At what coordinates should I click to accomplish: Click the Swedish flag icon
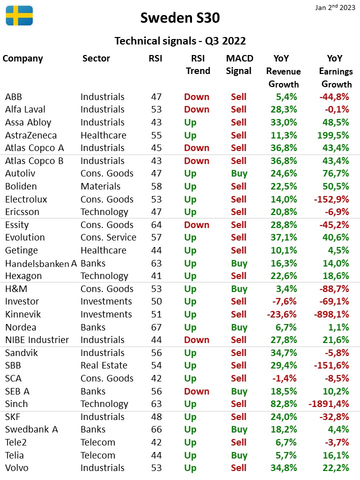(19, 15)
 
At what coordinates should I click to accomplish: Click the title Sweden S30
(180, 18)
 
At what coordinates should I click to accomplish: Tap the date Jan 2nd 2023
(335, 7)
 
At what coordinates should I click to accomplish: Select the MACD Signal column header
(239, 64)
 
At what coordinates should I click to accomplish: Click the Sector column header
(96, 58)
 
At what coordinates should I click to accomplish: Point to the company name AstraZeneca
(31, 135)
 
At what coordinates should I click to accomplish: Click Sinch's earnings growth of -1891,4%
(329, 404)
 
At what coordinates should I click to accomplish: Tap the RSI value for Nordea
(156, 327)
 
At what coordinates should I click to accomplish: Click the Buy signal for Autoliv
(239, 173)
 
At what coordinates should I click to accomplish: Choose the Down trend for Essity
(197, 224)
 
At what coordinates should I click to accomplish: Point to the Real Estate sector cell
(104, 365)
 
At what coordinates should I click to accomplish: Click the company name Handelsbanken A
(41, 263)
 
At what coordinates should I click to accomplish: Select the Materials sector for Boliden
(100, 186)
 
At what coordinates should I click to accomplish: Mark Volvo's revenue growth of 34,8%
(284, 468)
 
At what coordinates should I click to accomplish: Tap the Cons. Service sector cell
(108, 237)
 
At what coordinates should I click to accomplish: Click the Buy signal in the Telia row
(239, 455)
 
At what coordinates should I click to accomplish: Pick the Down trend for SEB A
(197, 391)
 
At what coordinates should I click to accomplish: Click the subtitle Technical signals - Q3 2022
(180, 40)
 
